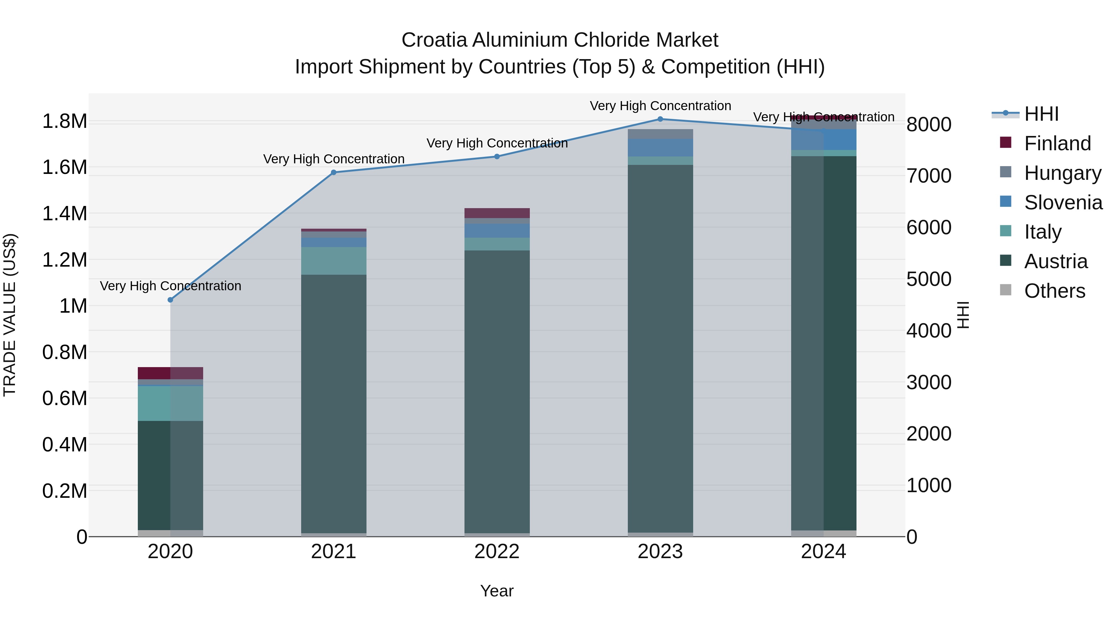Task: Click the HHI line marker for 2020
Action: coord(170,300)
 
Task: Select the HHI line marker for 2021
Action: coord(334,173)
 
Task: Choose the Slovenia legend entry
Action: coord(1063,203)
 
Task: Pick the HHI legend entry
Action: coord(1041,114)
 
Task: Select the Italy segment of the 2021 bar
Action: coord(334,261)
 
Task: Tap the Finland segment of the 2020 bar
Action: coord(170,373)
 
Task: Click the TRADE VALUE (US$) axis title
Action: coord(10,315)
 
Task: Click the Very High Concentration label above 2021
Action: coord(334,159)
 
